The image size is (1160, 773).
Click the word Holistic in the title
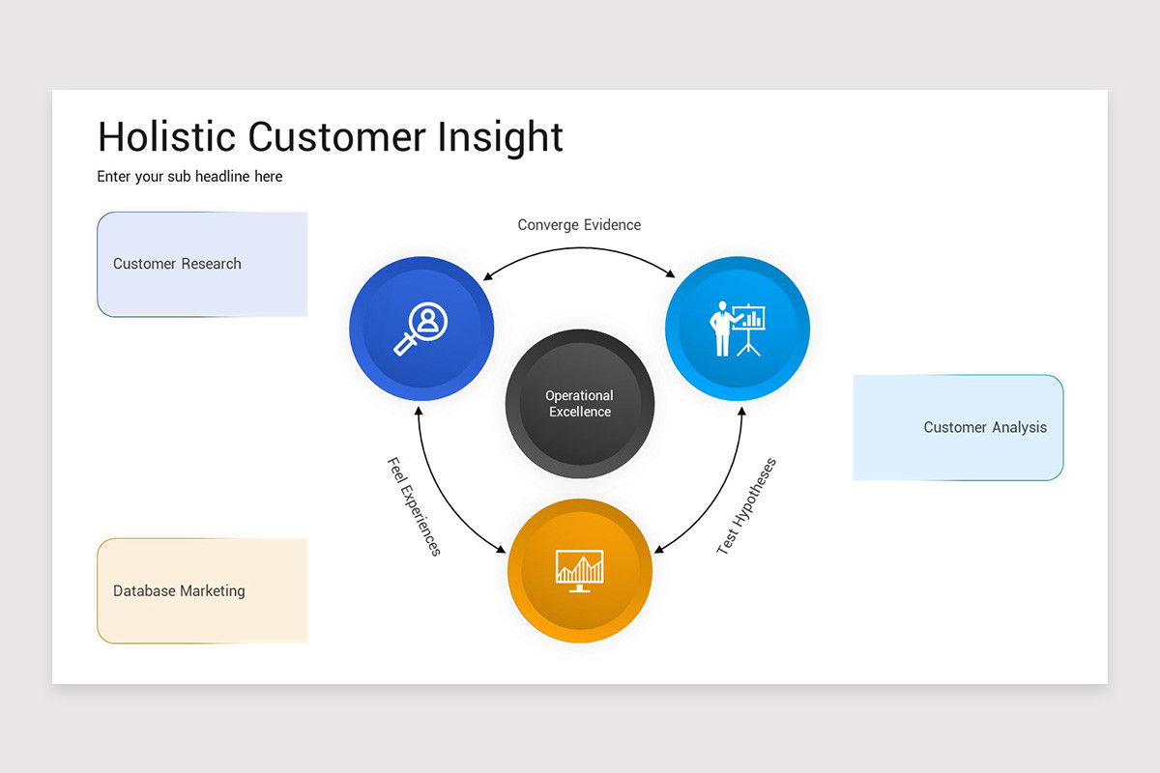[x=167, y=136]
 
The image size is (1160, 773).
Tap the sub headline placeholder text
[x=189, y=177]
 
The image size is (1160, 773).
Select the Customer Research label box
[x=202, y=264]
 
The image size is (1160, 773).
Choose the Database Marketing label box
[x=202, y=590]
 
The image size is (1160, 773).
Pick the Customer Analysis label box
[x=958, y=427]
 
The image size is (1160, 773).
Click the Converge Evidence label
[x=579, y=225]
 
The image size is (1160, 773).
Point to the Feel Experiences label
[x=414, y=506]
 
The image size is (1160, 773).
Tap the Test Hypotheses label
[x=746, y=505]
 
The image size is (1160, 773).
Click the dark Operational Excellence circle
[x=580, y=404]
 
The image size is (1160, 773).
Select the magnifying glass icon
[x=420, y=329]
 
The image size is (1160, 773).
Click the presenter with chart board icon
[x=738, y=329]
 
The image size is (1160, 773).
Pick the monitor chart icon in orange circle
[x=580, y=570]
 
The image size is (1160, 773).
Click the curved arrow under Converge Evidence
[x=580, y=250]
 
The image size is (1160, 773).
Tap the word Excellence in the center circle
[x=580, y=413]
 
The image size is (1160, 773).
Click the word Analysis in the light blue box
[x=1018, y=427]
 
